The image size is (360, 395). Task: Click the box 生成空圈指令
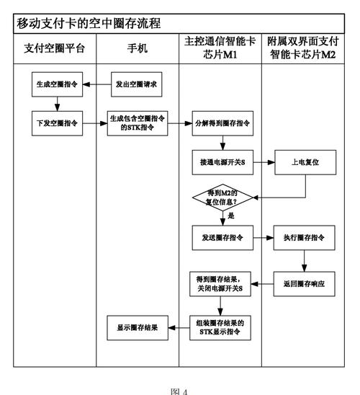tap(55, 84)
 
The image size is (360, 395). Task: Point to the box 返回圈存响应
tap(304, 283)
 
